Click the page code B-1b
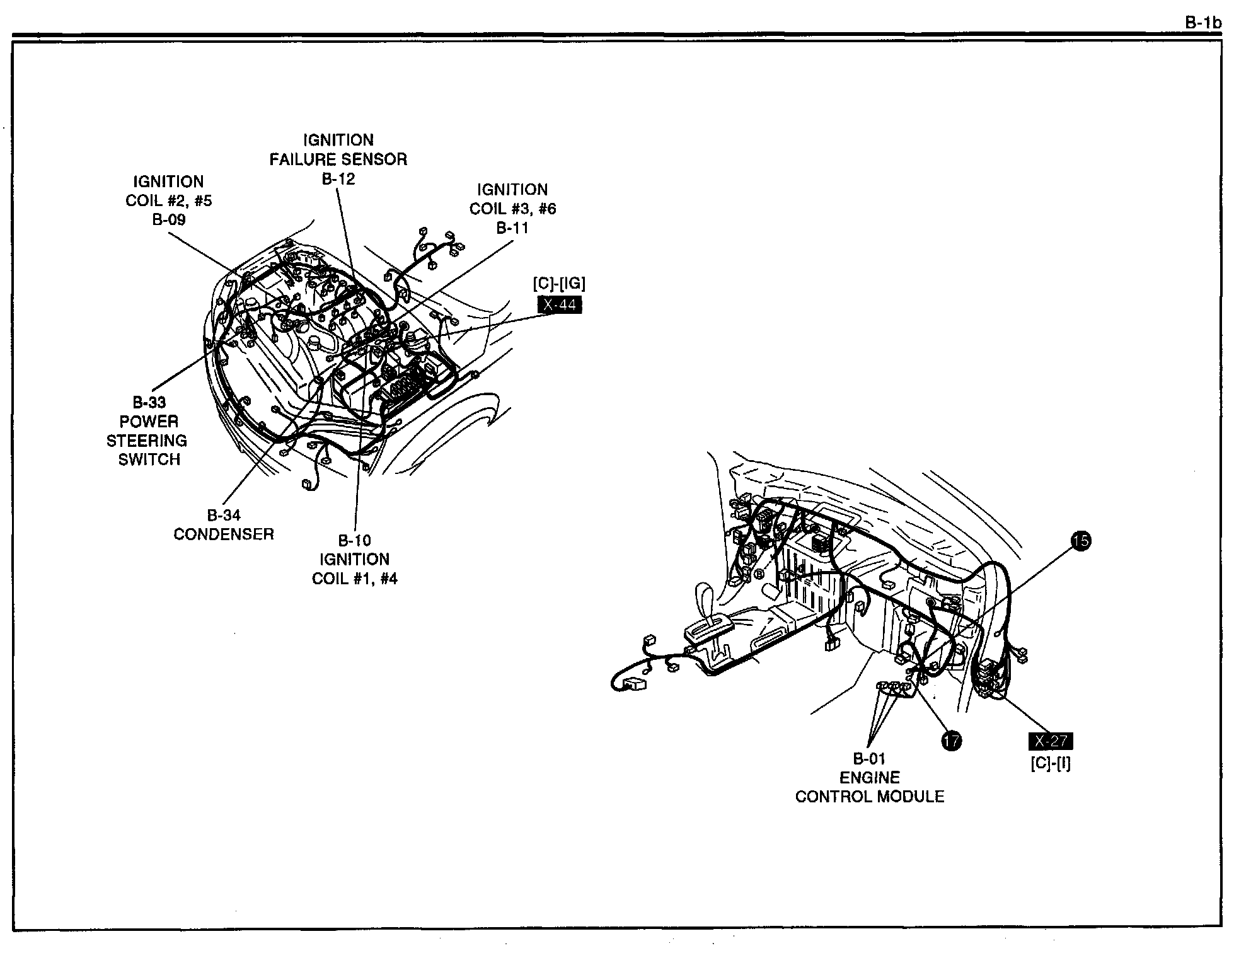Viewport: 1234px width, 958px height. [1202, 23]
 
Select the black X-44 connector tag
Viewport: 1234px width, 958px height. [559, 305]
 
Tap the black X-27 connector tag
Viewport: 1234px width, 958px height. [1050, 741]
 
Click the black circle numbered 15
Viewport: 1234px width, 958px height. [1081, 541]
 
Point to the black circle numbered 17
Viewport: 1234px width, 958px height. [951, 741]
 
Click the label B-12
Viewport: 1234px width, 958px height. [338, 179]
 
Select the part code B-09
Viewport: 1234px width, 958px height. [169, 220]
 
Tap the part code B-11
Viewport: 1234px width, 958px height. [512, 228]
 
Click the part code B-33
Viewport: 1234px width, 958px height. [149, 403]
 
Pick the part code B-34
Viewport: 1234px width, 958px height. [224, 516]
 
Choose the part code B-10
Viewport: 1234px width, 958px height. [355, 541]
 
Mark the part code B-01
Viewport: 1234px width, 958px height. [869, 759]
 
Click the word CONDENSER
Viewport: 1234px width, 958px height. [224, 534]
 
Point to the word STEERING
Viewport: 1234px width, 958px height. [147, 441]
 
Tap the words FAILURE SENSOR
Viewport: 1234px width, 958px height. [338, 159]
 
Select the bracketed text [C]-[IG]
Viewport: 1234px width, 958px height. [559, 284]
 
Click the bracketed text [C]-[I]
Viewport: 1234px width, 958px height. [1051, 763]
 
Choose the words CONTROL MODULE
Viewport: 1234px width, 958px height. [869, 797]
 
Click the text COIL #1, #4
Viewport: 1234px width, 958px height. [355, 579]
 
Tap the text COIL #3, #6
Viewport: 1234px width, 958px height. [512, 209]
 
